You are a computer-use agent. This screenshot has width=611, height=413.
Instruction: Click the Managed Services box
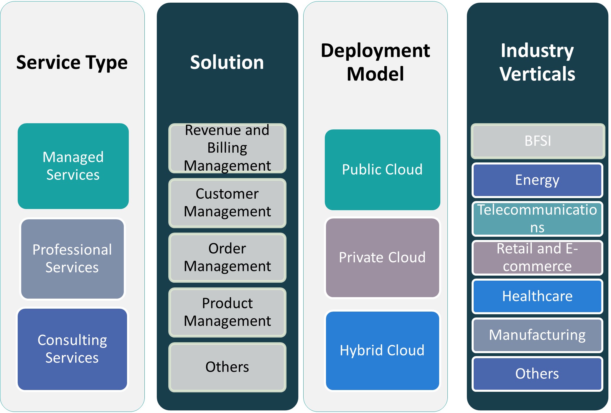point(73,166)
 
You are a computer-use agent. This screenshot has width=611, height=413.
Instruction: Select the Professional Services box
point(73,259)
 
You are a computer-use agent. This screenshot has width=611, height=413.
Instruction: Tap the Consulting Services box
point(73,349)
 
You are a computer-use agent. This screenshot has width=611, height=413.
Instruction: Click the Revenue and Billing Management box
point(227,148)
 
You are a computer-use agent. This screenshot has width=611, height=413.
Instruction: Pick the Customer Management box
point(227,203)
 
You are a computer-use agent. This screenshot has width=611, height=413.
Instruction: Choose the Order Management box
point(227,257)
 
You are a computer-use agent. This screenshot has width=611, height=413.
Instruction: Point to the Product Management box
point(227,312)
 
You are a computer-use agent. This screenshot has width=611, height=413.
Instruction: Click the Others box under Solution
point(227,367)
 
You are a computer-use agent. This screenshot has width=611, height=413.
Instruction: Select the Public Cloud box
point(382,170)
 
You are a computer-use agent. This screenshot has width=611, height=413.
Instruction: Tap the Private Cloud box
point(382,257)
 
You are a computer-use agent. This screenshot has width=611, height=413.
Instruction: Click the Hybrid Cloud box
point(382,351)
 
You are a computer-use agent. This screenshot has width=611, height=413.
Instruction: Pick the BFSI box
point(538,141)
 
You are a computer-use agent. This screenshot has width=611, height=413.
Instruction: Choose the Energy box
point(537,180)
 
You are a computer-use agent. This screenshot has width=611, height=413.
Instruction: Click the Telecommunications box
point(537,219)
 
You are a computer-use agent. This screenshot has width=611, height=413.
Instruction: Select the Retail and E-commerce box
point(537,257)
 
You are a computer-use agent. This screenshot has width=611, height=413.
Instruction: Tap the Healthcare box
point(537,296)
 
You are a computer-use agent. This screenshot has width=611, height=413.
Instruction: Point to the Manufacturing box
point(537,335)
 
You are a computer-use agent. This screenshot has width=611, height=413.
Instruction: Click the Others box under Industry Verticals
point(537,374)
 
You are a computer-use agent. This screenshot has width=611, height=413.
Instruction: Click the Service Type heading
point(72,62)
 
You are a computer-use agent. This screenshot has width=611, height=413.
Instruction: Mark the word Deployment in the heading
point(375,51)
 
